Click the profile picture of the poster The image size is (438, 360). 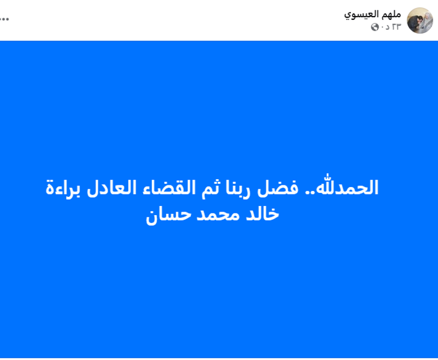(x=420, y=21)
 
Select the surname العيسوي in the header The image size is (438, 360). (x=362, y=14)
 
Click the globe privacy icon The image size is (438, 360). (x=375, y=27)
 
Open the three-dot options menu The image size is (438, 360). (x=4, y=18)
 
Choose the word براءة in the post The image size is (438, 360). (x=68, y=188)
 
